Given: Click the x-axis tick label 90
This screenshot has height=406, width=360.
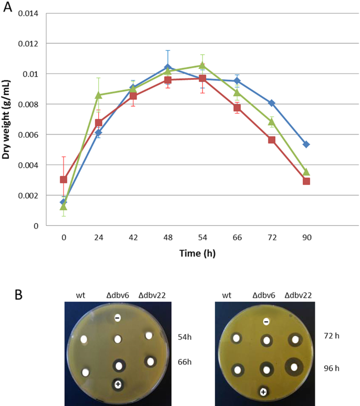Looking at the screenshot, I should (x=306, y=238).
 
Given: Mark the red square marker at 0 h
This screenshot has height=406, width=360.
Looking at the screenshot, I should (x=64, y=180).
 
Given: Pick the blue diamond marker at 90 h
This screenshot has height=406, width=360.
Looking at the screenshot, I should (x=306, y=144).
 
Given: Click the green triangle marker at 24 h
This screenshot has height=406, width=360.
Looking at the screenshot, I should (x=98, y=95).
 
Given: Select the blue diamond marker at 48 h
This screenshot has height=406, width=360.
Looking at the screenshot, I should (x=168, y=67).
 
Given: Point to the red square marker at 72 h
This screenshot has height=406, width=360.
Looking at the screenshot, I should (x=272, y=140).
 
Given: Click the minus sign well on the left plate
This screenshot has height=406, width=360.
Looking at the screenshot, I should (x=117, y=318).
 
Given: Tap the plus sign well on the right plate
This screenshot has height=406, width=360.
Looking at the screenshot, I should (x=263, y=391).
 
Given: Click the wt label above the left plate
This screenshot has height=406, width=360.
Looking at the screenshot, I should (x=84, y=295).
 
